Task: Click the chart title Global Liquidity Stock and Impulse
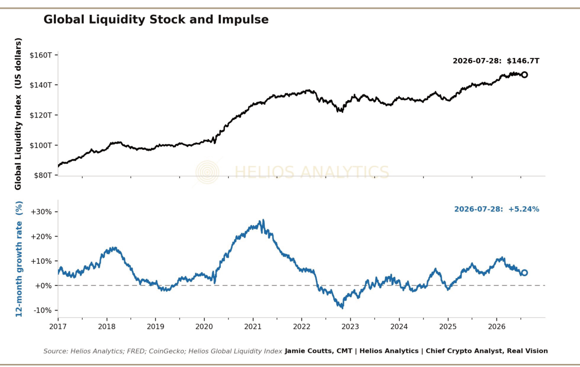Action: [156, 20]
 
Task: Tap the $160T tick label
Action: [41, 55]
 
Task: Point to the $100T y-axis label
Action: [41, 145]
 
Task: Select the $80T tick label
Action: [43, 175]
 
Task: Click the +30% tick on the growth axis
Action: [41, 212]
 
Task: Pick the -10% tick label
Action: [43, 311]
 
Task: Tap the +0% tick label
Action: [43, 285]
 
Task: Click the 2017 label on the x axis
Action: [57, 326]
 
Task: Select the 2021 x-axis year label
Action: [253, 326]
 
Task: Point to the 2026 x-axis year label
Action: [497, 326]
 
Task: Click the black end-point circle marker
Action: [524, 75]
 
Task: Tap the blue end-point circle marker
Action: [524, 273]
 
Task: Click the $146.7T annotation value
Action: [523, 61]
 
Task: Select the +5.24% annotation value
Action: [524, 209]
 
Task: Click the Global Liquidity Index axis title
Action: [18, 114]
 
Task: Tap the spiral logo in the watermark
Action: [207, 172]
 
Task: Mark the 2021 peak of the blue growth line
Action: [263, 221]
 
